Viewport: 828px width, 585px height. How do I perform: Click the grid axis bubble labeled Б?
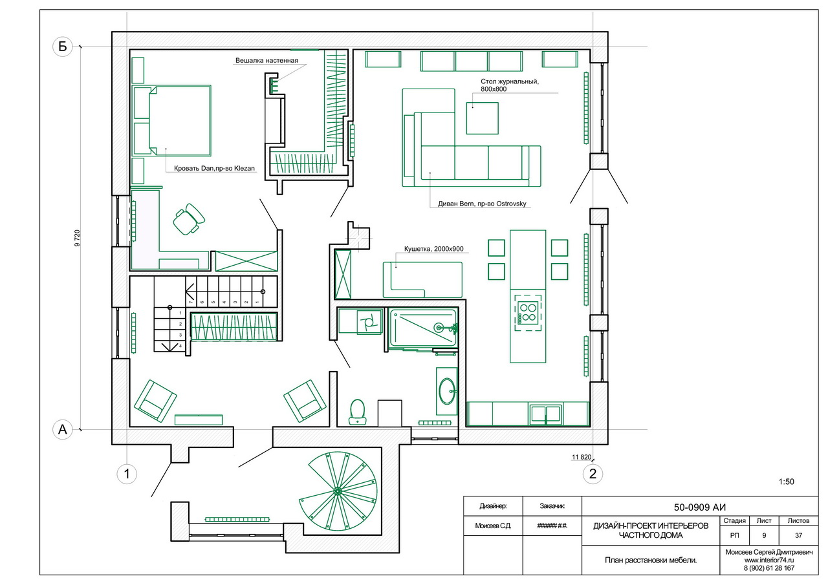(63, 47)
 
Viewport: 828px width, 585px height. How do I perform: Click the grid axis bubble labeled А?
(63, 429)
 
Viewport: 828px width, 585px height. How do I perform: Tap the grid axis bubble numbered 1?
(127, 474)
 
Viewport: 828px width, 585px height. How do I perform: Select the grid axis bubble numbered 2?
(593, 474)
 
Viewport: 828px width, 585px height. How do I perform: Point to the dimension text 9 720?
(77, 239)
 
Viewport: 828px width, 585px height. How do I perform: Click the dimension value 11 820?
(582, 457)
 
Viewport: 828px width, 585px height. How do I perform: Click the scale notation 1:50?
(786, 482)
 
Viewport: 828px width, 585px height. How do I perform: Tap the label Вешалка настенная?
(267, 61)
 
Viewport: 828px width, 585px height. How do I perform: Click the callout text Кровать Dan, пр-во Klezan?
(214, 169)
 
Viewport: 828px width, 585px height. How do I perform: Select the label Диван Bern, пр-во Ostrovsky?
(482, 204)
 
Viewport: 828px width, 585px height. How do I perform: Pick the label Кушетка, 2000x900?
(433, 249)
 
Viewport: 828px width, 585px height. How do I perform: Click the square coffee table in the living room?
(483, 118)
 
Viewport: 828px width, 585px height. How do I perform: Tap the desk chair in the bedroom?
(189, 219)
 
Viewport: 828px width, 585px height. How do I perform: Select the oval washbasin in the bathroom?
(447, 391)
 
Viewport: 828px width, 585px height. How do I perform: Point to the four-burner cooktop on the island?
(527, 313)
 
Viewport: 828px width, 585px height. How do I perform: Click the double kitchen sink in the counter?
(545, 414)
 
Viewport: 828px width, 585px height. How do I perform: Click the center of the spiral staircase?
(337, 491)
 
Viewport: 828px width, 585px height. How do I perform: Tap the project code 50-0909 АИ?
(700, 507)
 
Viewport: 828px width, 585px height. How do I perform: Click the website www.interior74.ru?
(769, 560)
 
